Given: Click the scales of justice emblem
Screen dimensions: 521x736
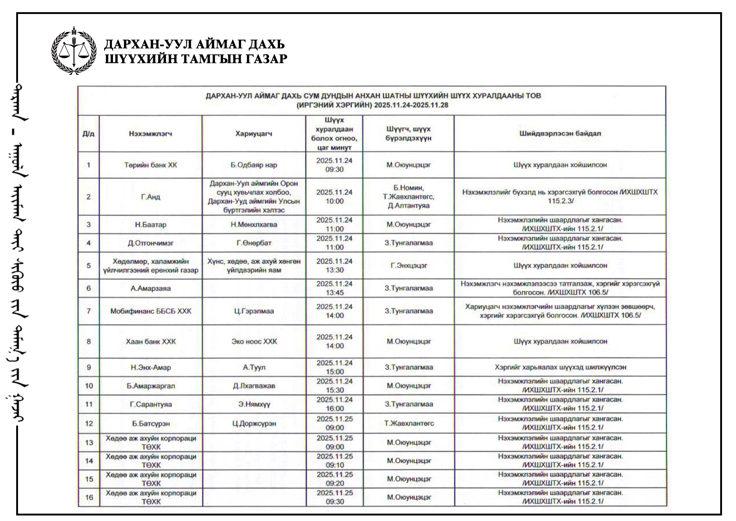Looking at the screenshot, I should coord(74,51).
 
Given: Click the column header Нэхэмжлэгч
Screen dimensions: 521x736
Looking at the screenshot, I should coord(151,134).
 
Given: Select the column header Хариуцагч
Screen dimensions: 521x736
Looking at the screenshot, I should coord(254,134).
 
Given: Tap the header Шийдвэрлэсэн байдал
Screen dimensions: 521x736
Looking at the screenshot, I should coord(560,133).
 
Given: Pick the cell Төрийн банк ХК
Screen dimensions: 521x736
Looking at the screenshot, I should coord(151,165).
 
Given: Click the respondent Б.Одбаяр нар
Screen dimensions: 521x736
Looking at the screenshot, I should coord(254,165).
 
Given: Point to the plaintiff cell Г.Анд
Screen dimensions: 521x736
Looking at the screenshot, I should coord(151,197).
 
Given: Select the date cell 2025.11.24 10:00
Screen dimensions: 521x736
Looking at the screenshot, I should coord(334,197).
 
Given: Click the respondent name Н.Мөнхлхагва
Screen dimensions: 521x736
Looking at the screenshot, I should coord(254,224).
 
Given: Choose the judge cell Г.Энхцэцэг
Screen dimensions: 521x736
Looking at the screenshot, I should coord(408,266).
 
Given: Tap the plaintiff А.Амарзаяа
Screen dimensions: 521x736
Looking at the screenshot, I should coord(151,289).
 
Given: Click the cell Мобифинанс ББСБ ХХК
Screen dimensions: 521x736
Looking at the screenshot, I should coord(151,311).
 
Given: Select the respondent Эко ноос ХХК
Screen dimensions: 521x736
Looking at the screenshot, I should coord(254,342).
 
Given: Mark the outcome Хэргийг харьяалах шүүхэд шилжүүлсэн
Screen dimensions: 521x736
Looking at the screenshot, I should coord(560,367).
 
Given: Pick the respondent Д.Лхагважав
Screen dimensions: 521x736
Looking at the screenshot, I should coord(254,386).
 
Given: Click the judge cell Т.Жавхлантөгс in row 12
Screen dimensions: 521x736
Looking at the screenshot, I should coord(409,423).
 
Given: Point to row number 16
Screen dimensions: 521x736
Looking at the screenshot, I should coord(89,497).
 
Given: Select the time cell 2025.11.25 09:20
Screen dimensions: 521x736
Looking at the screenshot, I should coord(335,479).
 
